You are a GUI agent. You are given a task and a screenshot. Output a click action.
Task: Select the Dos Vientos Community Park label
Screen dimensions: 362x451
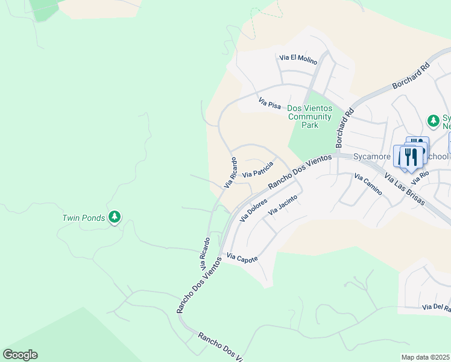[x=309, y=116]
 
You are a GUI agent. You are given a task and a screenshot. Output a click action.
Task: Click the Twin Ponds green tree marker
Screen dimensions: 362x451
[x=115, y=217]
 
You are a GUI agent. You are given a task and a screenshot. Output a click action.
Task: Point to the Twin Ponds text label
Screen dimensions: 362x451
[x=83, y=217]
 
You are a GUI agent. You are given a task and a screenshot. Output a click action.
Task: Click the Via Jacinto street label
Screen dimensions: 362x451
[x=283, y=204]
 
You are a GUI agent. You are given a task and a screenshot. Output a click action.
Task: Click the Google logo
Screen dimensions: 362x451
[x=20, y=355]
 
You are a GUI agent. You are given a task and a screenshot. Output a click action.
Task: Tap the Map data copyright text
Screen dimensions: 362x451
[x=426, y=357]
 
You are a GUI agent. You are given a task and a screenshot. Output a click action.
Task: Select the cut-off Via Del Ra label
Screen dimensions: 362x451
[x=436, y=307]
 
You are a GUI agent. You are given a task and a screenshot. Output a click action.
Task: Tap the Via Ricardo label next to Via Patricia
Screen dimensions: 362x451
[x=231, y=173]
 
